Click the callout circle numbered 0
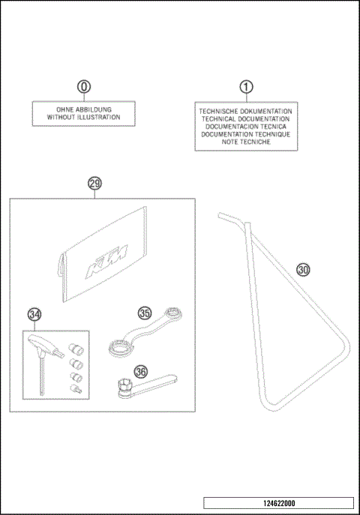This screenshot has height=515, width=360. pos(84,87)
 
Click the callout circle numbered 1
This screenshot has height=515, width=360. pos(244,87)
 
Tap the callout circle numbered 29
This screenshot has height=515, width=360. pos(94,184)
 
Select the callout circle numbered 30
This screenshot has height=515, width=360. pos(303,269)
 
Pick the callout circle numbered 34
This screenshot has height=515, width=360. pos(34,314)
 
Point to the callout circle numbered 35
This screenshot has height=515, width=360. pos(145,313)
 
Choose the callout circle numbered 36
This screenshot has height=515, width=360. pos(140,370)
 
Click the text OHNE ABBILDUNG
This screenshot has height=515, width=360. pos(84,109)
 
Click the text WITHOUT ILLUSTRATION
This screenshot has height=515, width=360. pos(84,118)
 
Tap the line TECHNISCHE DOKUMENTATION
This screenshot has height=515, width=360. pos(244,110)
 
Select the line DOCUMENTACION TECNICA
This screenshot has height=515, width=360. pos(244,126)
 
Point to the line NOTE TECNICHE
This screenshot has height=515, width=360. pos(244,142)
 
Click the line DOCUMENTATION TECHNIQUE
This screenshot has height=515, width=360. pos(244,134)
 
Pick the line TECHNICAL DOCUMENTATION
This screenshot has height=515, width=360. pos(244,118)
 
